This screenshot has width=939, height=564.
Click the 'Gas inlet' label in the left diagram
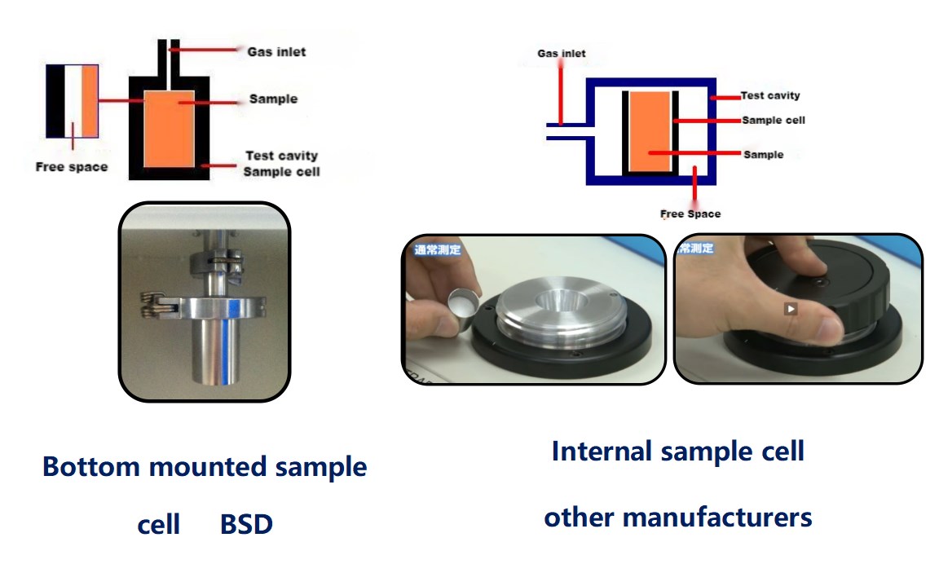tap(276, 51)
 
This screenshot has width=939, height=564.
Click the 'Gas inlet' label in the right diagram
tap(561, 54)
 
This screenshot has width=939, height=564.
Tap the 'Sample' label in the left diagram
tap(273, 99)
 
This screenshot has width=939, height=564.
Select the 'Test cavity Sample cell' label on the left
tap(281, 163)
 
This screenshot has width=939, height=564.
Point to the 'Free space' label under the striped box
tap(72, 167)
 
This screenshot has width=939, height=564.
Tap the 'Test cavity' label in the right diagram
tap(770, 95)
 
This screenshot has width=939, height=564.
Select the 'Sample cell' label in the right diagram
tap(773, 120)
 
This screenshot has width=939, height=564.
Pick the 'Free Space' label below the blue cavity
tap(690, 214)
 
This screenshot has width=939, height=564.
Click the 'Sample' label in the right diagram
tap(763, 154)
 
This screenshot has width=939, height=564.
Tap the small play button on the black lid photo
tap(790, 309)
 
